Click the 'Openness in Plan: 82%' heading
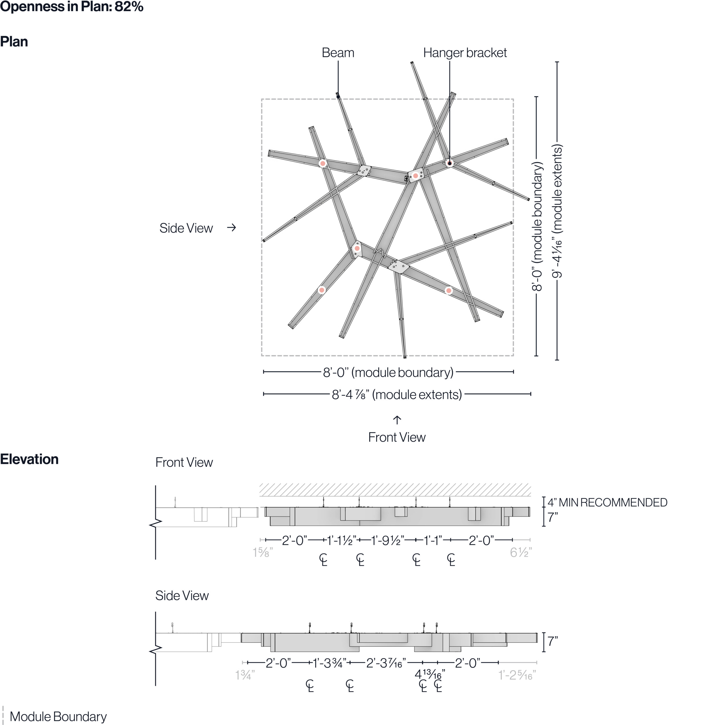click(72, 7)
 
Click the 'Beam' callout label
click(338, 53)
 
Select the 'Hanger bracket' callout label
click(464, 53)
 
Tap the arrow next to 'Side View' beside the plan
click(232, 227)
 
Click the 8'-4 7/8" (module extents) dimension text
click(397, 395)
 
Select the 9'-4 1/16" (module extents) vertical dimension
click(557, 211)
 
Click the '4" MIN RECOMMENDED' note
click(607, 502)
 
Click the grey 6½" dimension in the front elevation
click(521, 552)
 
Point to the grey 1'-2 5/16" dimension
click(517, 675)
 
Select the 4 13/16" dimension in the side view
click(430, 674)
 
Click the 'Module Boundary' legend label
click(58, 717)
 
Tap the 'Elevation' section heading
click(29, 459)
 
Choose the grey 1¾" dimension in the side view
click(245, 675)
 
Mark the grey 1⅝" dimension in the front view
click(262, 552)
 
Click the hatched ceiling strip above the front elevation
click(395, 490)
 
